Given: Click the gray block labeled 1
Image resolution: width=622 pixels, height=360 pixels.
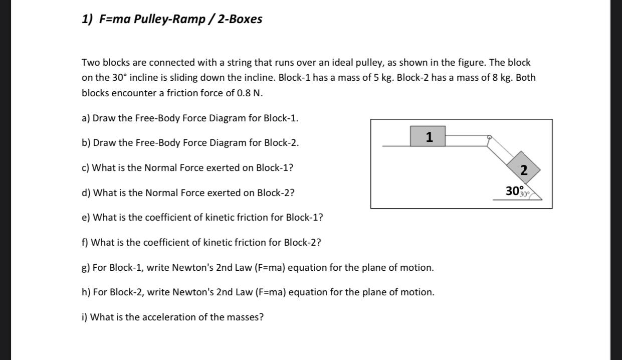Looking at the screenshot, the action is pos(428,136).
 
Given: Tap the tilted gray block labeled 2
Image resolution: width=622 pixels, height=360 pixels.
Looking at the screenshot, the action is pos(524,169).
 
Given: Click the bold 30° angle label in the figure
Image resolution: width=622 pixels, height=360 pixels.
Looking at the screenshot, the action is pos(514,191).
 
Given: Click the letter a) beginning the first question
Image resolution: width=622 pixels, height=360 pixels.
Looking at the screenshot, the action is pos(86,118).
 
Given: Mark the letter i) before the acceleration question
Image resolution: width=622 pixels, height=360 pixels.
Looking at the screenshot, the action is pos(85,317).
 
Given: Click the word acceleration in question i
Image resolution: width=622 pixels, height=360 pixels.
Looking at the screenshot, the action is pos(168,317).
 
